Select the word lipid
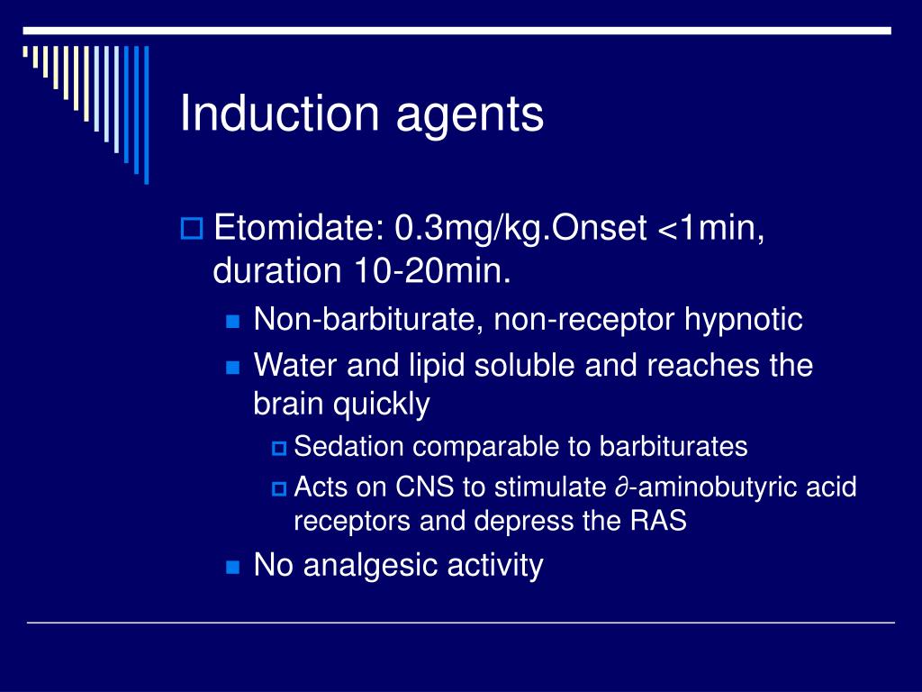450,366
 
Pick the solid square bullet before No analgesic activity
233,568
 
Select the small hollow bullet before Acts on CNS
278,489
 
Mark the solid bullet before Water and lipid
233,368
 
